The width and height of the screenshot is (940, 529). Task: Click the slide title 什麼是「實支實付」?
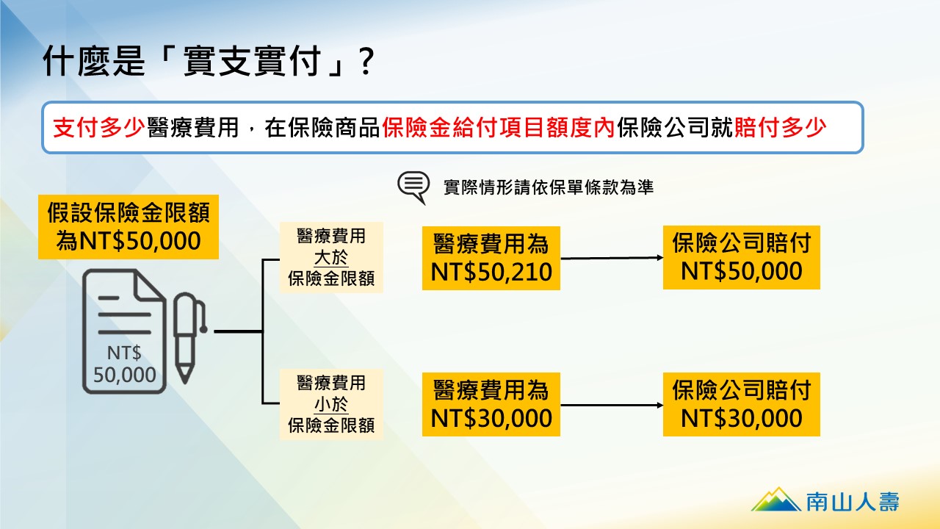pos(208,61)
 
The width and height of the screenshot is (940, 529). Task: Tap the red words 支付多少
pos(99,128)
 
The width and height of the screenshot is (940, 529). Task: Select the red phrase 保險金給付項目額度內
pos(499,128)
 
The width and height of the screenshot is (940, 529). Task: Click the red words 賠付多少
pos(780,128)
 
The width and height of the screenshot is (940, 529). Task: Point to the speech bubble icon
pos(413,187)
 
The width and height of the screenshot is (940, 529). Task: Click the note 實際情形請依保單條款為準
pos(549,187)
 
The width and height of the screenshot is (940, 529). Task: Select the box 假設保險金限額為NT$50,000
pos(129,227)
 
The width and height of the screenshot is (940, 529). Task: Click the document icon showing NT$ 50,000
pos(125,331)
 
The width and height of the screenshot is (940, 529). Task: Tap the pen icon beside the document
pos(189,338)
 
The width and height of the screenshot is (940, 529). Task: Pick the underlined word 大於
pos(331,257)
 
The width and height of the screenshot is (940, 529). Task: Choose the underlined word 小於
pos(331,404)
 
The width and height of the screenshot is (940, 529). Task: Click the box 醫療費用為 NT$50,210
pos(491,258)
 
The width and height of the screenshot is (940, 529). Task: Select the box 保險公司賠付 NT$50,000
pos(742,257)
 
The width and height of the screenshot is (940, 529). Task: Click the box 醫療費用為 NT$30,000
pos(491,404)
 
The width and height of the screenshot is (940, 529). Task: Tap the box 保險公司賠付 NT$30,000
pos(742,404)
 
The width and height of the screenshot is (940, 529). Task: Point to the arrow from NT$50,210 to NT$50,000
pos(612,258)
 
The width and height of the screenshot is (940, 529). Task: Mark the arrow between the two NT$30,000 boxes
pos(612,405)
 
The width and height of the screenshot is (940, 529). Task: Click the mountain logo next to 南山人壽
pos(776,499)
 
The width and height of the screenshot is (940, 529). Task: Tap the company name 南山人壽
pos(853,502)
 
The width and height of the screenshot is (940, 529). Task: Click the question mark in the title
pos(366,61)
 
